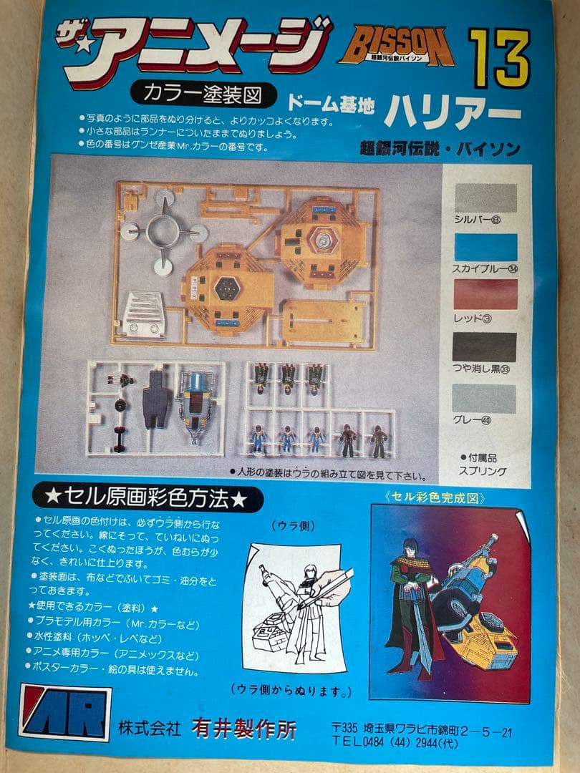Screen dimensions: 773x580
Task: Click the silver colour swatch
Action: [485, 198]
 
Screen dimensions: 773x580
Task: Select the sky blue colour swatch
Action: [485, 247]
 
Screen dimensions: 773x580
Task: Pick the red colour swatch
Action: [485, 294]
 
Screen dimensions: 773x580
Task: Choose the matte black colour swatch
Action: [485, 346]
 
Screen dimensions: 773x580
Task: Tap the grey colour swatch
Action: [485, 399]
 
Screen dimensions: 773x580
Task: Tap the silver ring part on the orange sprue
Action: [165, 232]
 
